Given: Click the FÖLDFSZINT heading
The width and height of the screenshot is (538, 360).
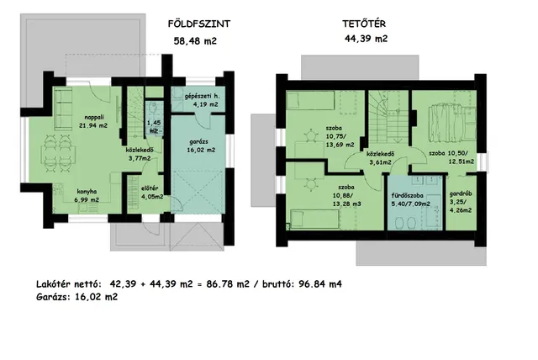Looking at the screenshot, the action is [199, 24].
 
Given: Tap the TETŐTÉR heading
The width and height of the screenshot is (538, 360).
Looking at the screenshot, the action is [364, 24].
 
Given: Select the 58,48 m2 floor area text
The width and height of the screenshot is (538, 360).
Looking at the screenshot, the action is [195, 41].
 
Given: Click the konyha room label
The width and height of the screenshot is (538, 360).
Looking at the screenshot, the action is [87, 192].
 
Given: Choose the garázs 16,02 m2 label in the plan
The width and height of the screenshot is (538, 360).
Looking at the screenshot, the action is [201, 146].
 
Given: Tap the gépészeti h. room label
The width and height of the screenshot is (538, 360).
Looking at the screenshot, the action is [201, 97].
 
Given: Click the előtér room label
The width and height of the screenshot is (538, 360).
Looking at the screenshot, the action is [150, 188].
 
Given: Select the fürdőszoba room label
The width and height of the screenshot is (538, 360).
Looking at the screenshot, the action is [408, 196].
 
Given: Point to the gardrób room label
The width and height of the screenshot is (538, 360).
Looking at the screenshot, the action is [461, 194].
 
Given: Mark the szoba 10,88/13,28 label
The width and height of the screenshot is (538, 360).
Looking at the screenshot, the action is [346, 196].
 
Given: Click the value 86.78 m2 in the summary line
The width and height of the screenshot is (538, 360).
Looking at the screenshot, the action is [228, 284].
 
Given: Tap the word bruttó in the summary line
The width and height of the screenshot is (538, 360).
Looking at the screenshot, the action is [278, 284].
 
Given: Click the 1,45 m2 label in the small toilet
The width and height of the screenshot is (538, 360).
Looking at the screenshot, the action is [154, 127].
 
